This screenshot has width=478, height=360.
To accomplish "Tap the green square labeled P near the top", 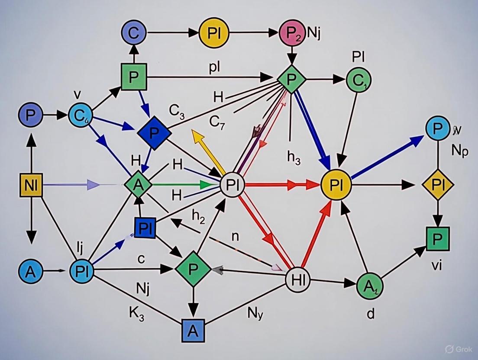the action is [134, 76].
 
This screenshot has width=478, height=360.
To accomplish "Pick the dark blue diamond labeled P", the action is [154, 132].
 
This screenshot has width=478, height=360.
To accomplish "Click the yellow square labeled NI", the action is [31, 184].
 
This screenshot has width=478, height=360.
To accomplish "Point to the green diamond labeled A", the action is [138, 184].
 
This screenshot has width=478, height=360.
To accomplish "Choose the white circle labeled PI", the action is [233, 185].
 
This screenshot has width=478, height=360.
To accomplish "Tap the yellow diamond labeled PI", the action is [438, 185].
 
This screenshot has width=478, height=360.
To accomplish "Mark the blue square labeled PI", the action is [145, 228].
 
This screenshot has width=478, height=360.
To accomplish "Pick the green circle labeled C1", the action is [358, 80].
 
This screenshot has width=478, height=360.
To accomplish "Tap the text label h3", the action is [294, 158].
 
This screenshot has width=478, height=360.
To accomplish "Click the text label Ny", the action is [255, 313].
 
